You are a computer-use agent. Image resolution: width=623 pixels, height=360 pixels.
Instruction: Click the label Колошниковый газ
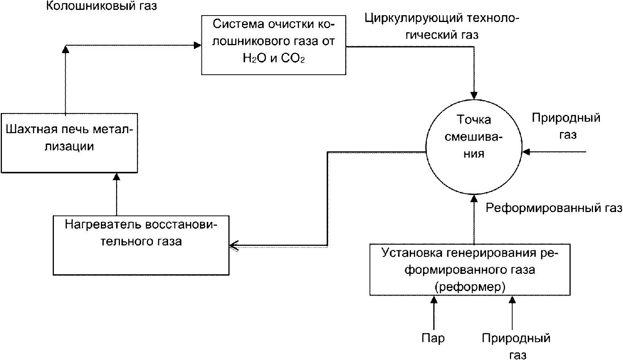pos(102,6)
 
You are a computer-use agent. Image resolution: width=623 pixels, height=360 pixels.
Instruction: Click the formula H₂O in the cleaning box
pos(255,58)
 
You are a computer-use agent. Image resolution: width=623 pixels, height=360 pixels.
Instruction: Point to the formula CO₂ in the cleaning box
pos(293,58)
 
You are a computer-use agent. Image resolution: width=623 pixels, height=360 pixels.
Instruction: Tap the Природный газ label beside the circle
pos(566,126)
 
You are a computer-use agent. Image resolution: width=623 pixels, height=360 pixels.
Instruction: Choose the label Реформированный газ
pos(554,208)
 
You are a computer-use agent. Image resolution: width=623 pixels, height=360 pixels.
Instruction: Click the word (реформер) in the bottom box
pos(470,287)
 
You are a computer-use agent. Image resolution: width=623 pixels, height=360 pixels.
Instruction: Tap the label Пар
pos(433,338)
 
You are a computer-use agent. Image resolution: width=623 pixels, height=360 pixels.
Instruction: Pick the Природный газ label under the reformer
pos(516,346)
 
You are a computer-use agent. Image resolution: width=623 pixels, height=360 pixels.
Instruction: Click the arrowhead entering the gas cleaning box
pos(198,45)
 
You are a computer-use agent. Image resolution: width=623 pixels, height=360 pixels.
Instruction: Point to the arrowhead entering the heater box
pos(234,246)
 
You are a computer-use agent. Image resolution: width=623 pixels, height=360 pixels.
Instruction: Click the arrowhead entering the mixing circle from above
pos(474,95)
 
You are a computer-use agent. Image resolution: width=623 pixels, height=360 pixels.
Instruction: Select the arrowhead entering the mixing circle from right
pos(526,152)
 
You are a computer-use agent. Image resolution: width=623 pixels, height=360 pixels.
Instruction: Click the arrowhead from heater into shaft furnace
pos(117,177)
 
